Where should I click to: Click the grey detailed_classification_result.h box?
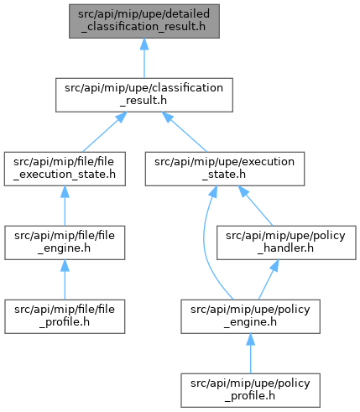click(x=144, y=21)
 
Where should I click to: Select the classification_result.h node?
click(x=144, y=95)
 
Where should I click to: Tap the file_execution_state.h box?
click(x=65, y=169)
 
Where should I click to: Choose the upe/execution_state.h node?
click(x=225, y=169)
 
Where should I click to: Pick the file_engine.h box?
click(x=65, y=243)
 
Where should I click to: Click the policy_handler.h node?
click(x=286, y=243)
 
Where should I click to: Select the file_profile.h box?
click(x=65, y=316)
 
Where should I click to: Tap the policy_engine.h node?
click(x=250, y=316)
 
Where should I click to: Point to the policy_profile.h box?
click(x=250, y=390)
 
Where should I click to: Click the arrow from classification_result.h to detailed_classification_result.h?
click(x=144, y=58)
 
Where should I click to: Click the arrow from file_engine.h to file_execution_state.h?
click(x=65, y=206)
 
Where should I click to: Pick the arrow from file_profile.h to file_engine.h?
click(x=65, y=279)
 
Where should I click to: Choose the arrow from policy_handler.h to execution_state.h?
click(x=255, y=206)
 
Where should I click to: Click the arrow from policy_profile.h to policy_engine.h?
click(x=250, y=353)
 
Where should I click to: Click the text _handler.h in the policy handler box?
click(x=285, y=248)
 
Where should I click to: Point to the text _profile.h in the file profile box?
click(x=65, y=322)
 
